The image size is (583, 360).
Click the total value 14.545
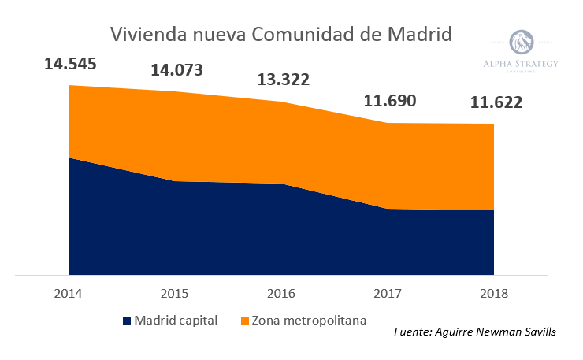(70, 64)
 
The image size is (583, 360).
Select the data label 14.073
(176, 70)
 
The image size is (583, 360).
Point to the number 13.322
(284, 80)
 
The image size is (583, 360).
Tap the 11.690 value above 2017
(389, 101)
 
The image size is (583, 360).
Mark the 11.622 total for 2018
(496, 102)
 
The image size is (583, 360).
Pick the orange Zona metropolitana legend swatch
(244, 321)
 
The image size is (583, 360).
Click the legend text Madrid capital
(176, 321)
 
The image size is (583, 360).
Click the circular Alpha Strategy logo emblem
(521, 43)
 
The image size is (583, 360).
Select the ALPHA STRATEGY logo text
(521, 64)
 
